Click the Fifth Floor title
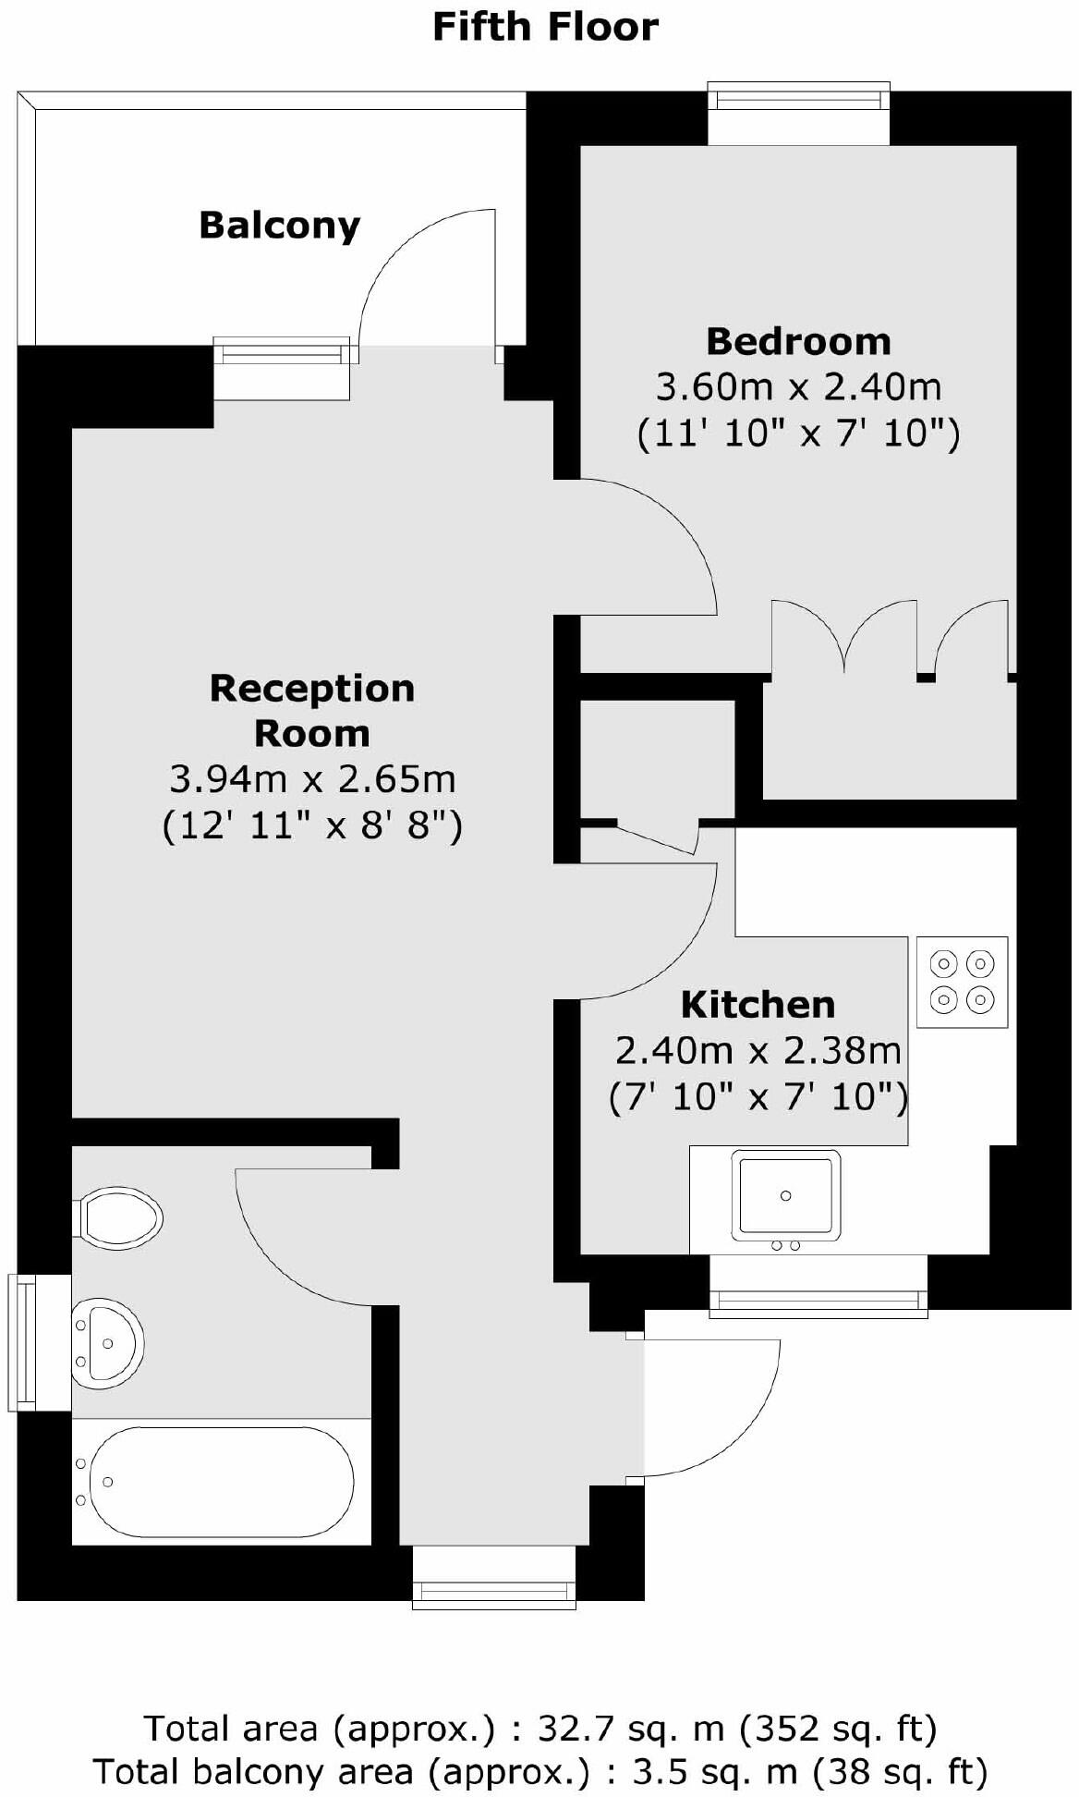pyautogui.click(x=545, y=28)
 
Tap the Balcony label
pyautogui.click(x=279, y=226)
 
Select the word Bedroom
pyautogui.click(x=798, y=342)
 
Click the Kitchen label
pyautogui.click(x=758, y=1005)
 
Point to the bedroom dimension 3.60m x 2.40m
pyautogui.click(x=798, y=386)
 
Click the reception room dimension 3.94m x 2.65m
pyautogui.click(x=312, y=779)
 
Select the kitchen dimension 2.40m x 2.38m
pyautogui.click(x=758, y=1050)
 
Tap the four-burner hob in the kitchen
pyautogui.click(x=962, y=982)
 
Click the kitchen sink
pyautogui.click(x=786, y=1195)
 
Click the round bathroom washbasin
pyautogui.click(x=107, y=1343)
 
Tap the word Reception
pyautogui.click(x=312, y=689)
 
